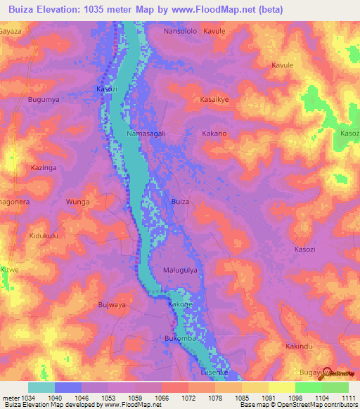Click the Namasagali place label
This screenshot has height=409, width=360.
pyautogui.click(x=146, y=133)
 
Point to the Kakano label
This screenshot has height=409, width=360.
pyautogui.click(x=214, y=133)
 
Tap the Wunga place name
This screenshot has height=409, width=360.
pyautogui.click(x=78, y=202)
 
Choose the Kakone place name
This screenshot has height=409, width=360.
pyautogui.click(x=180, y=304)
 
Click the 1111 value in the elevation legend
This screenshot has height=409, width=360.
pyautogui.click(x=349, y=398)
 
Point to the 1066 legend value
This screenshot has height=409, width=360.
pyautogui.click(x=162, y=398)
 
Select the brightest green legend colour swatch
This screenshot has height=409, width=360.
pyautogui.click(x=308, y=387)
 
